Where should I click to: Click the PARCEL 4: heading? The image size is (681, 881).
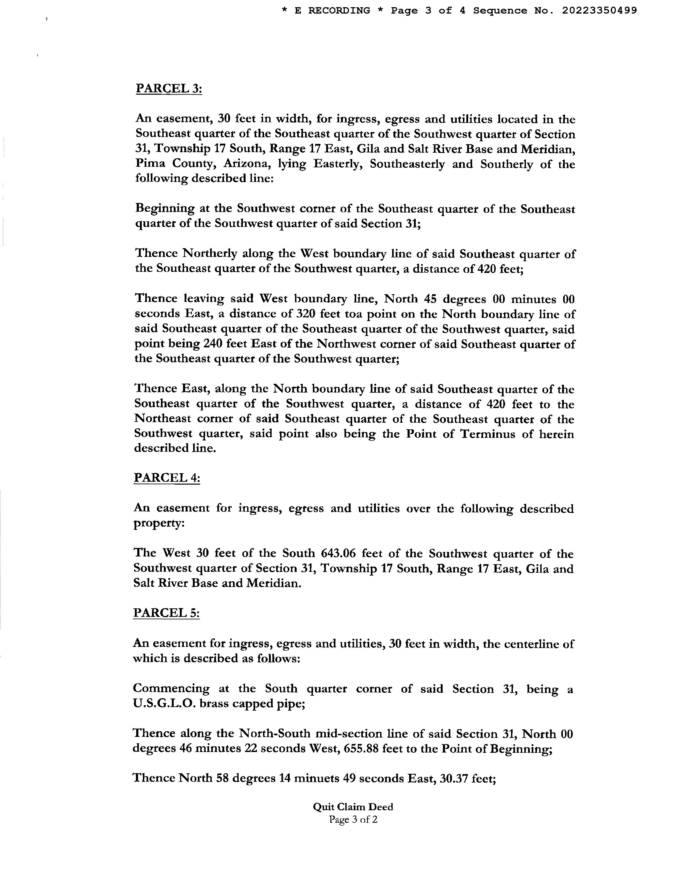[167, 478]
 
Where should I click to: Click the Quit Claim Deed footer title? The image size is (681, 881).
[353, 807]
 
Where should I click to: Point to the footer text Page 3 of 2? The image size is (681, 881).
[353, 819]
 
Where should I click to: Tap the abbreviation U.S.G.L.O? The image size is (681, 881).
[164, 704]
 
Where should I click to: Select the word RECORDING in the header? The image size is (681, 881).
[339, 10]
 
